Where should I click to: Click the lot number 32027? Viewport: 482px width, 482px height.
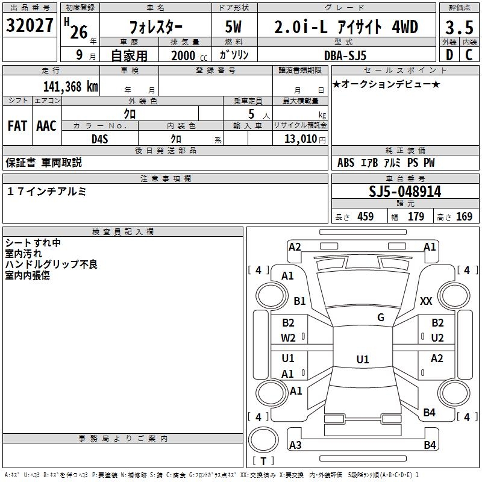[x=30, y=27]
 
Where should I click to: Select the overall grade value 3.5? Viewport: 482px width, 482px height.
[x=459, y=28]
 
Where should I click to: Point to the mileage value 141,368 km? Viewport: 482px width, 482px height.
[x=71, y=86]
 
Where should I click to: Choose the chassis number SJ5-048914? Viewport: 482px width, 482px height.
[x=405, y=192]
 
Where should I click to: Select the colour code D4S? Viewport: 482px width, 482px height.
[x=99, y=139]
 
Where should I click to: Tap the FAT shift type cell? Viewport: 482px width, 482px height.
[x=17, y=126]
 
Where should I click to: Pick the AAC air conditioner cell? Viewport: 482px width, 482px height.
[x=46, y=126]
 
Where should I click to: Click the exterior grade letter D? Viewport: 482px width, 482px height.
[x=448, y=55]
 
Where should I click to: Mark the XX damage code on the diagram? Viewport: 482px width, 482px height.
[x=426, y=301]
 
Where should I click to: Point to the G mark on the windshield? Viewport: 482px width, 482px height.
[x=381, y=318]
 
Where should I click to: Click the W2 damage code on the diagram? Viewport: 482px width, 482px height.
[x=288, y=337]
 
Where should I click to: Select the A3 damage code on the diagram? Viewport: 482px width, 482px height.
[x=295, y=445]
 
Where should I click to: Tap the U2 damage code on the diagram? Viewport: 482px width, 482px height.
[x=437, y=337]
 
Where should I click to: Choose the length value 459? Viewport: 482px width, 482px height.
[x=365, y=217]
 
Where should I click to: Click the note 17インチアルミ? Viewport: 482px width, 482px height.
[x=47, y=191]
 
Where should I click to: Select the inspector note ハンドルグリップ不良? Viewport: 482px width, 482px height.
[x=51, y=264]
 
